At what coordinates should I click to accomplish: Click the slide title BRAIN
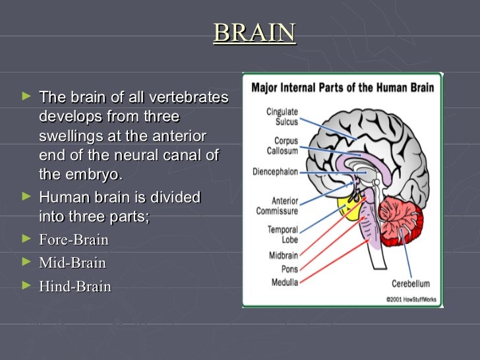[x=255, y=32]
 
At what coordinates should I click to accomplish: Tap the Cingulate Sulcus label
[x=282, y=117]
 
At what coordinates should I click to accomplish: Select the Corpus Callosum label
[x=282, y=146]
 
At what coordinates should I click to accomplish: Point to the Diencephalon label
[x=275, y=172]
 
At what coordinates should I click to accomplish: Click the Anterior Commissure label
[x=278, y=206]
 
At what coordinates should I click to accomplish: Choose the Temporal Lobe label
[x=283, y=234]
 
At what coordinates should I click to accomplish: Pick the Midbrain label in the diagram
[x=283, y=255]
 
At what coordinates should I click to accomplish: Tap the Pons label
[x=289, y=269]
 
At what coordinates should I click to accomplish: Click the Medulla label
[x=285, y=282]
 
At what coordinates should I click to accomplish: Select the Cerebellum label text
[x=410, y=284]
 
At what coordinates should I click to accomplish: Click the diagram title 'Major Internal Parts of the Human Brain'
[x=343, y=87]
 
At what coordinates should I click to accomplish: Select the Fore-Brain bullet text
[x=73, y=239]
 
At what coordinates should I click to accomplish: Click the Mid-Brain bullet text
[x=72, y=263]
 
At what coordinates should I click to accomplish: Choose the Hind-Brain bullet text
[x=75, y=287]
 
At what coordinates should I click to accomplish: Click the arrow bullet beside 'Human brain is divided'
[x=26, y=196]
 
